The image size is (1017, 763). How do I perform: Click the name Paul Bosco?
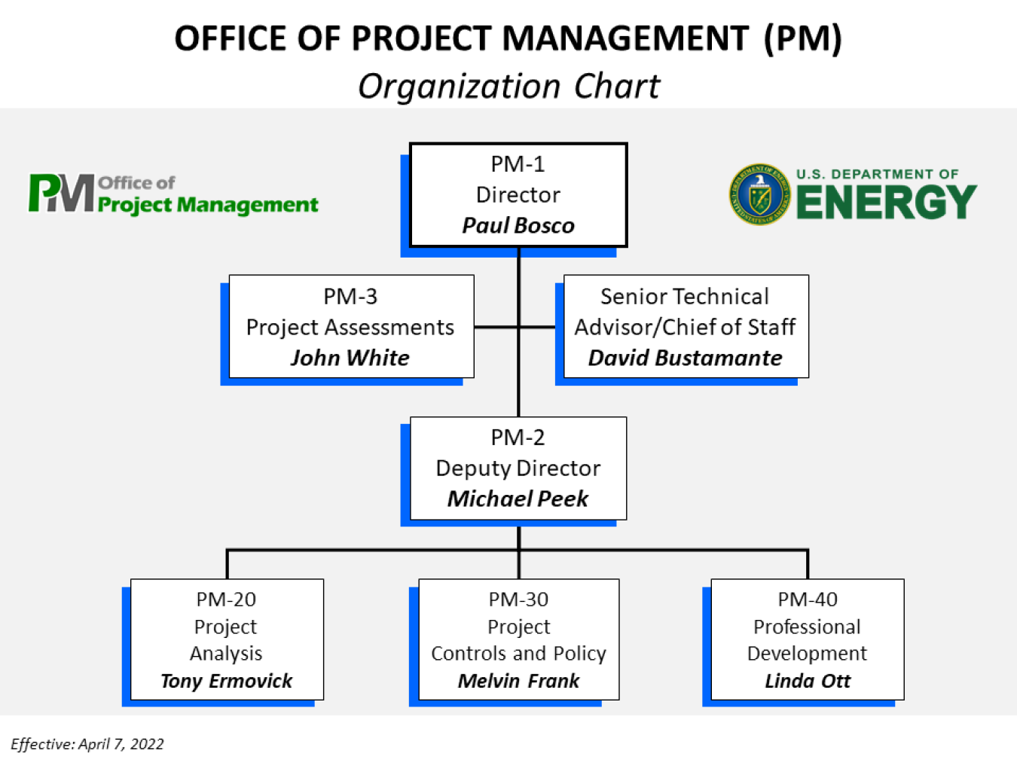(518, 225)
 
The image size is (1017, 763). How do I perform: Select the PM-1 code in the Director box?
(518, 163)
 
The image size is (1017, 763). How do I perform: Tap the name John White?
(350, 358)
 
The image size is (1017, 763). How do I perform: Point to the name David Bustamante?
(685, 358)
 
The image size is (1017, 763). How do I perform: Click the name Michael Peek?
(518, 499)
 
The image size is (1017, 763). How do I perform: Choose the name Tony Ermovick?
(226, 681)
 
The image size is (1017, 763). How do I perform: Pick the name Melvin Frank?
(518, 681)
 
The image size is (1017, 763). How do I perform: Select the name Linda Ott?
(807, 681)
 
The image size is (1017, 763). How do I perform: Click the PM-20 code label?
(226, 600)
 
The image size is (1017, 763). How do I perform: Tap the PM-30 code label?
(518, 600)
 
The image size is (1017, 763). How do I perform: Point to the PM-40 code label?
(807, 600)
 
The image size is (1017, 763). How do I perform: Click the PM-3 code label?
(350, 296)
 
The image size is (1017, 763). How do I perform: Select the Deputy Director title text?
(518, 468)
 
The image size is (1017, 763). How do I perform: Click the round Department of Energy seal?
(759, 195)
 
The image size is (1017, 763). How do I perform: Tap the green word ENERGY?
(886, 202)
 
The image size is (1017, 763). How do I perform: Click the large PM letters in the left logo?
(62, 194)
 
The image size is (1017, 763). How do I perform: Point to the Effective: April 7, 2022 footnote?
(87, 744)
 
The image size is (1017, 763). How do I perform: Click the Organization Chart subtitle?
(508, 86)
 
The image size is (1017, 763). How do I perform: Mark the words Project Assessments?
(350, 327)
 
